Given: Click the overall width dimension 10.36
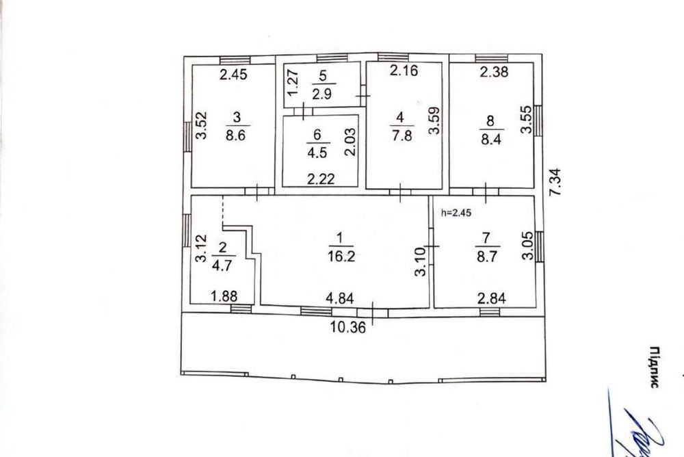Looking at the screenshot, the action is (x=348, y=327).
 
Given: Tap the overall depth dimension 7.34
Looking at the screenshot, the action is (x=555, y=182).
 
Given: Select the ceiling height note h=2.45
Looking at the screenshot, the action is (x=456, y=213).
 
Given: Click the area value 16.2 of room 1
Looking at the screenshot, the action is (x=341, y=256).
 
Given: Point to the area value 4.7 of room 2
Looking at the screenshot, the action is (x=222, y=265).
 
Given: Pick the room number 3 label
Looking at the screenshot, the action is (x=237, y=117).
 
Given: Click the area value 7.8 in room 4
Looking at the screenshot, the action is (x=402, y=135).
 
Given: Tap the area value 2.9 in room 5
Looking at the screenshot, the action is (x=322, y=94).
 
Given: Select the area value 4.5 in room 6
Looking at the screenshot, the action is (x=317, y=153).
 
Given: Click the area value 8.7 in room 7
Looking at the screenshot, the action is (x=486, y=256).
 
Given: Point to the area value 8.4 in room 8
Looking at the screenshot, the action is (x=490, y=140).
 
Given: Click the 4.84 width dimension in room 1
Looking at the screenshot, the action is (x=340, y=298).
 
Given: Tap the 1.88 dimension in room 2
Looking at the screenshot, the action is (x=224, y=296).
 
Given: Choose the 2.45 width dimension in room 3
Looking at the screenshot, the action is (x=233, y=74).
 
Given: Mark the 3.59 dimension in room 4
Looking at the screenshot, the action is (x=434, y=120).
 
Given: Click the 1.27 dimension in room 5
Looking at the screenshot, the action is (x=293, y=83).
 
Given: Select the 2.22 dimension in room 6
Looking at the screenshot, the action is (x=321, y=179).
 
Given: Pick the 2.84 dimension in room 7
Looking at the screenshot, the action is (x=492, y=298).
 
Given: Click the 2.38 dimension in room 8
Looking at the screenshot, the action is (x=494, y=71).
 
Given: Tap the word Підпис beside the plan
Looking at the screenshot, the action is (x=654, y=367).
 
